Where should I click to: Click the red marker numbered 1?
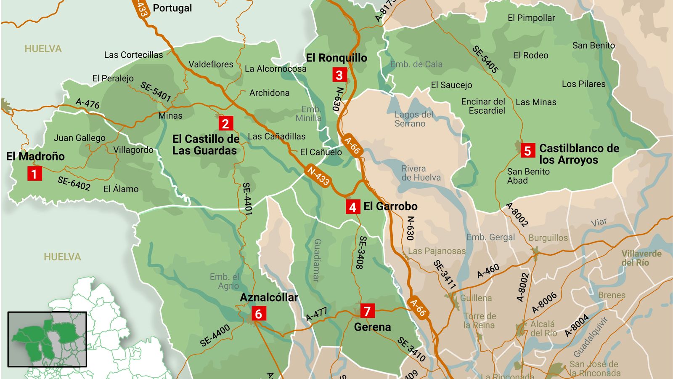click(34, 173)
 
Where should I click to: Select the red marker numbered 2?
click(225, 123)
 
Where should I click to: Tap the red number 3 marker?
click(339, 75)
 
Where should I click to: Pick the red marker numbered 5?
click(527, 151)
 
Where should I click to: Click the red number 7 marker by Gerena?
click(367, 311)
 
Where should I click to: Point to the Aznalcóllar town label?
click(269, 297)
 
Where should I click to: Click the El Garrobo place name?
click(390, 206)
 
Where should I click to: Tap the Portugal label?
click(172, 8)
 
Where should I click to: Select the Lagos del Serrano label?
click(413, 119)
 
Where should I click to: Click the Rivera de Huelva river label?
click(421, 173)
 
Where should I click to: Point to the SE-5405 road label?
click(485, 59)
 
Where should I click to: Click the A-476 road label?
click(87, 103)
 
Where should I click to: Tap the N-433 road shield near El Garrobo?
click(318, 176)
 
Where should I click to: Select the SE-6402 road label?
click(74, 183)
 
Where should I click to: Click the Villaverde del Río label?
click(641, 258)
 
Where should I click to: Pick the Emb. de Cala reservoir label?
click(416, 64)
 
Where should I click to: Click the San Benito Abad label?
click(528, 176)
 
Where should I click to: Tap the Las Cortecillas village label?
click(133, 55)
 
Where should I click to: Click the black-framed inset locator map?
click(47, 339)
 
